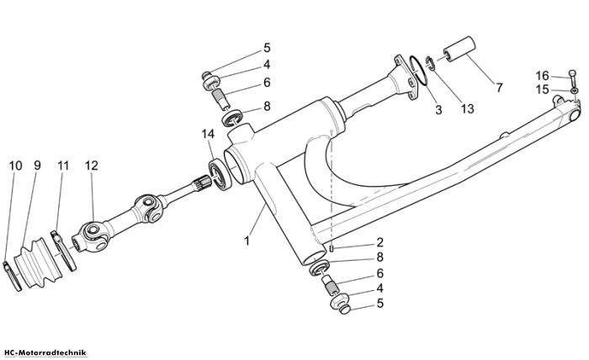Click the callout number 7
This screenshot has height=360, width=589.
(x=499, y=87)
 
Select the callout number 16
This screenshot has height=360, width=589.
(x=542, y=76)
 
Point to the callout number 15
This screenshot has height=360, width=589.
(x=542, y=90)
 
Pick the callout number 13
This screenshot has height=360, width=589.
(x=467, y=109)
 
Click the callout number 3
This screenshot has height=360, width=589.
(x=438, y=110)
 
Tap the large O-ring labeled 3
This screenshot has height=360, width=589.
(x=419, y=71)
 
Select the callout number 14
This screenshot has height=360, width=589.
(x=208, y=133)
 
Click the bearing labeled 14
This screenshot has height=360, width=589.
(x=220, y=175)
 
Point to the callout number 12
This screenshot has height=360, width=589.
(x=91, y=165)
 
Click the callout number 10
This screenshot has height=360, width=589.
(x=16, y=165)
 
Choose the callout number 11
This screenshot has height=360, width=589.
(x=63, y=165)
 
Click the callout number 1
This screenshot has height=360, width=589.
(x=247, y=241)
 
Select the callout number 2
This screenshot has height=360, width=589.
(x=379, y=242)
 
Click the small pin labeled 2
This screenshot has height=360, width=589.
(x=332, y=248)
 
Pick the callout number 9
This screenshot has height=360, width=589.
(x=37, y=165)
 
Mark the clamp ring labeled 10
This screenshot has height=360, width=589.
(x=13, y=277)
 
